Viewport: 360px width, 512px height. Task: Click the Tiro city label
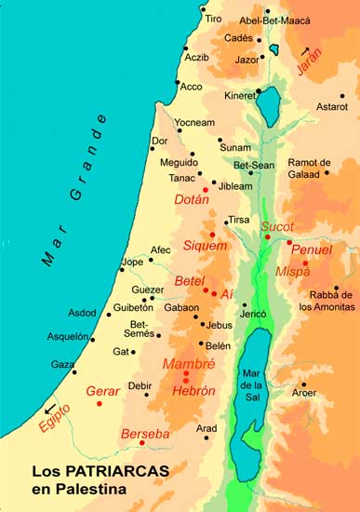pos(213,19)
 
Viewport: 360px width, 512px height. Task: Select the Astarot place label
pos(333,108)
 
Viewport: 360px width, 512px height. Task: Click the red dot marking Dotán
pos(205,189)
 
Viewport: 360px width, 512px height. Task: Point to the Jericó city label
pos(254,315)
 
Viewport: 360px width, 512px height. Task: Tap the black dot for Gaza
pos(75,372)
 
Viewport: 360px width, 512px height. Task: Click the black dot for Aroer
pos(302,384)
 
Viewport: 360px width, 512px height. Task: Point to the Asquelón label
pos(68,337)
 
